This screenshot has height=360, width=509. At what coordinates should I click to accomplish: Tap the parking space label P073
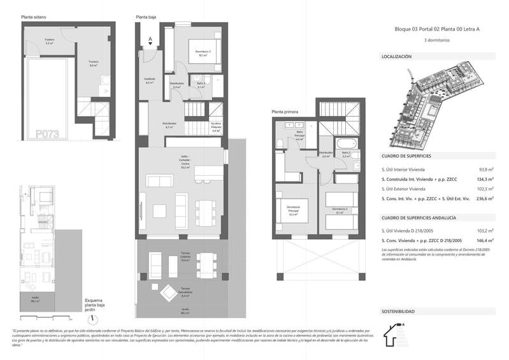tap(48, 134)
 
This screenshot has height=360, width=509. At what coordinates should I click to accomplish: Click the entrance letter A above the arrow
tap(150, 38)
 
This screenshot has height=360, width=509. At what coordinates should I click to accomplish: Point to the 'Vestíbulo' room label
tap(150, 80)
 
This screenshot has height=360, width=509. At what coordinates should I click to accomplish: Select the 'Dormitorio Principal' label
tap(293, 211)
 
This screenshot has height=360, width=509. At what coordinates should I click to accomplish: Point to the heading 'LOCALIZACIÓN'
tap(396, 57)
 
